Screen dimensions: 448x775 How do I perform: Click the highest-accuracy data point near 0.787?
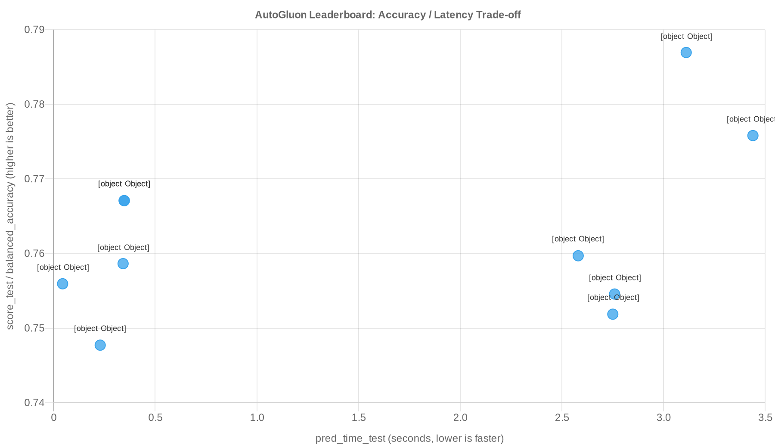686,53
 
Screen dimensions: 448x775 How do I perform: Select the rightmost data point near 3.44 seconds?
753,136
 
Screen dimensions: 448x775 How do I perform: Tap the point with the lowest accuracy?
100,345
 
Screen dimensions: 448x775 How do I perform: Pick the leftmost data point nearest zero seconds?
62,284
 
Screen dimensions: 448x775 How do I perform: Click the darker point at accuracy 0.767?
124,201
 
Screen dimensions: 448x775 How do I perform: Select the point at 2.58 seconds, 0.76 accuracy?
578,256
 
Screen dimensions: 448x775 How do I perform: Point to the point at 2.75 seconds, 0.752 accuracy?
613,314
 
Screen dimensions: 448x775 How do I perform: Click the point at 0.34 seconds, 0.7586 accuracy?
123,264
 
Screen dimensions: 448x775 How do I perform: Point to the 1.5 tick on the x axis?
359,417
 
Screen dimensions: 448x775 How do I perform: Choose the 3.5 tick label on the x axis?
765,417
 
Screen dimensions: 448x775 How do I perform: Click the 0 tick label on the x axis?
54,417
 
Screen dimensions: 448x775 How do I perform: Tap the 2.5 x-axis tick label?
562,417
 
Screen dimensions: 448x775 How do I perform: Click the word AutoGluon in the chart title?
280,15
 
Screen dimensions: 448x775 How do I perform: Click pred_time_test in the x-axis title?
350,439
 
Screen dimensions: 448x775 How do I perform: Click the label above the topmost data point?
686,37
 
